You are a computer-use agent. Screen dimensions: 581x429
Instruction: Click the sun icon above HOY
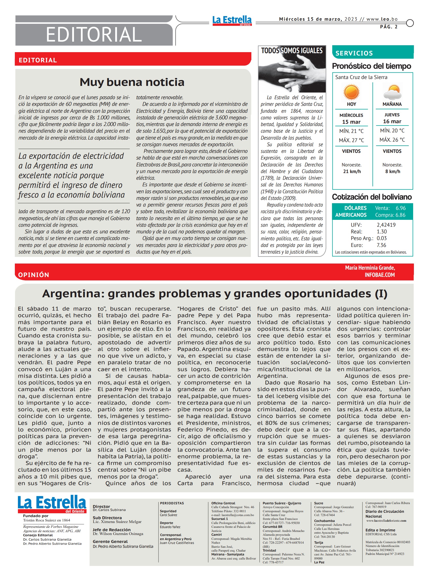351,92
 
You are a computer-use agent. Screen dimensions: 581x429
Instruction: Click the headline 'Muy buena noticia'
132,82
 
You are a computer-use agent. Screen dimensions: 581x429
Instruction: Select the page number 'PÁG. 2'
389,27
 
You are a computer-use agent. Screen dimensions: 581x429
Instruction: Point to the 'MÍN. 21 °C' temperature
351,131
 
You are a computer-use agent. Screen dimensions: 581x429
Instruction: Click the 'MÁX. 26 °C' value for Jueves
392,140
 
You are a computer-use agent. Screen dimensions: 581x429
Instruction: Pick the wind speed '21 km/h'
352,171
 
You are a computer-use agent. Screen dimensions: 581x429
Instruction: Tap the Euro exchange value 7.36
381,245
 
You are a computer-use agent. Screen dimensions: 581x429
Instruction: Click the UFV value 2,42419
386,225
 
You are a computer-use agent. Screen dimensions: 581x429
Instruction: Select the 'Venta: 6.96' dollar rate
390,208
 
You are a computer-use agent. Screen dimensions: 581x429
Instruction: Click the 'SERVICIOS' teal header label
354,53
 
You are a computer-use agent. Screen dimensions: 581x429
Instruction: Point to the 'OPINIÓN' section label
34,275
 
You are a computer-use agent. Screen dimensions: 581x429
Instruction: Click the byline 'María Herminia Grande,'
370,268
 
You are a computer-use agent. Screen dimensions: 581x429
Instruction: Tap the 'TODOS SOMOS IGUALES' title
292,51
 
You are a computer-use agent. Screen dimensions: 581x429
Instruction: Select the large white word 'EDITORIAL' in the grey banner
94,35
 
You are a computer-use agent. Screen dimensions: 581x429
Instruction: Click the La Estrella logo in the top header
232,20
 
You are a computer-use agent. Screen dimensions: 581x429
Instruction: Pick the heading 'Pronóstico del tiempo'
371,66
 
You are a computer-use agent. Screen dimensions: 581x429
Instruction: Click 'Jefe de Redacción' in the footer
111,530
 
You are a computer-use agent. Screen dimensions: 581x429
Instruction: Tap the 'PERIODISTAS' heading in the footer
172,503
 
